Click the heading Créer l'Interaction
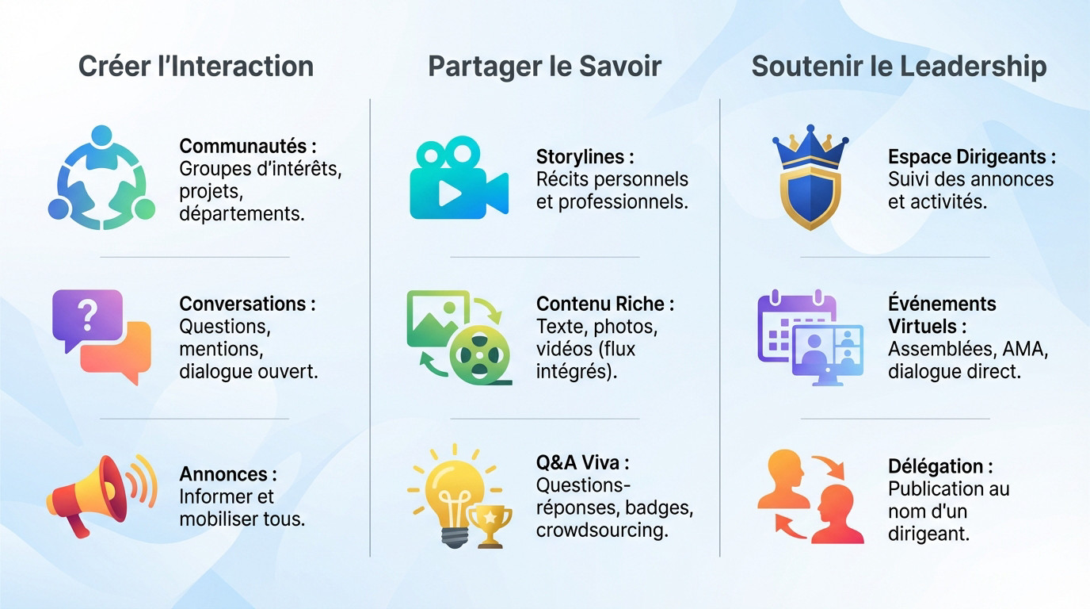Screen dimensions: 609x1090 point(196,66)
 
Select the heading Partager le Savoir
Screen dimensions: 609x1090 point(544,66)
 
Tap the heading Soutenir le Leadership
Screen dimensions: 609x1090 point(898,66)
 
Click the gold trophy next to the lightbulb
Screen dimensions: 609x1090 point(490,524)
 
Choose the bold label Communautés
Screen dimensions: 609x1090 point(247,146)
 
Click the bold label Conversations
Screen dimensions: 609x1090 point(247,304)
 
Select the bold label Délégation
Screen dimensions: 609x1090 point(939,466)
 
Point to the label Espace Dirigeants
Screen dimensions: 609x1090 point(971,157)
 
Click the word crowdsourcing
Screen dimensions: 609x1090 point(601,530)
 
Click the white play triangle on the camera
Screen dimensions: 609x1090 point(449,194)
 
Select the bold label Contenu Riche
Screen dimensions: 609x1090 point(604,304)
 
